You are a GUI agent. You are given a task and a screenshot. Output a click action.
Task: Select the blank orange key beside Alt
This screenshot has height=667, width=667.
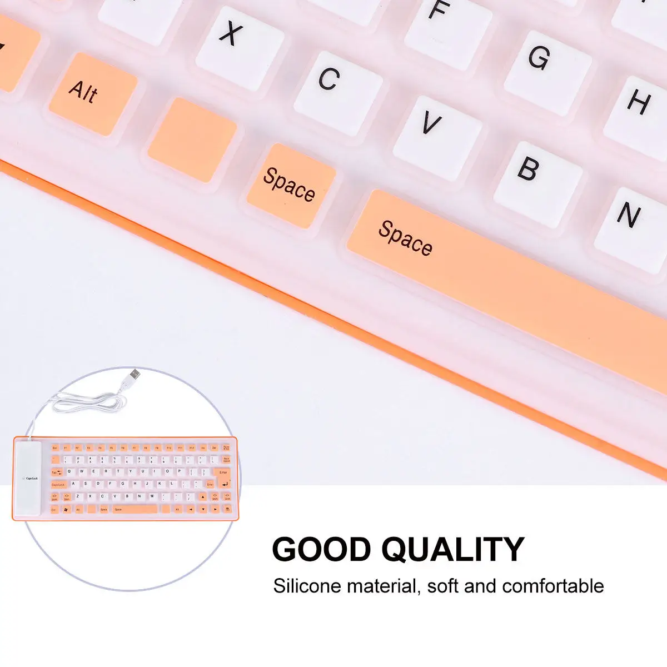(191, 139)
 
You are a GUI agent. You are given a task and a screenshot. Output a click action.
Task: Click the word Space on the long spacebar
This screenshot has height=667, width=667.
(405, 238)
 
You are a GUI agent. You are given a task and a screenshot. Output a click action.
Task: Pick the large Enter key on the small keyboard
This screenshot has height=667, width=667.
(223, 476)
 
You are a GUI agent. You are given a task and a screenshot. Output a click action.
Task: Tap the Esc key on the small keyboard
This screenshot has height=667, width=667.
(55, 447)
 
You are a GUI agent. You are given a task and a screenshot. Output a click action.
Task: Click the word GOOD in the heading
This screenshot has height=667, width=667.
(321, 550)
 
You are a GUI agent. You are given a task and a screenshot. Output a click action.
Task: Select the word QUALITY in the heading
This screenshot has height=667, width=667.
(452, 550)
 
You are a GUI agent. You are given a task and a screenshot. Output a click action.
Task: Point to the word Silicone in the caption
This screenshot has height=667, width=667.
(307, 586)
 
